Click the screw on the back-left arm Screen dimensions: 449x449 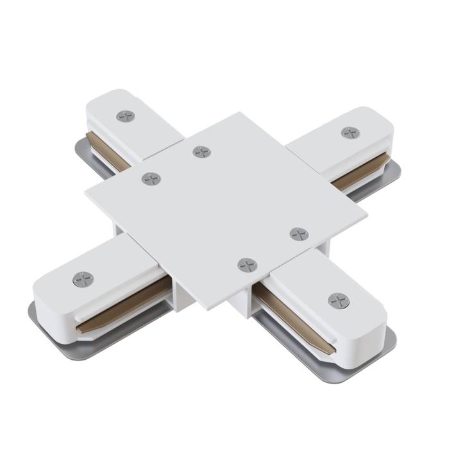point(125,116)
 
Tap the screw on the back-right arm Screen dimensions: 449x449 point(350,133)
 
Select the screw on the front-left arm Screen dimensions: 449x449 point(83,280)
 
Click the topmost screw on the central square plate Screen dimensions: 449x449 point(201,152)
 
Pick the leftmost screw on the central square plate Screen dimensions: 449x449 point(151,179)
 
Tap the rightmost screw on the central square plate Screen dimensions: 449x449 point(298,233)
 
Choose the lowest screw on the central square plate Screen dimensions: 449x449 point(247,264)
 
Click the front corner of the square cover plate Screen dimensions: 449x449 point(208,310)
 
